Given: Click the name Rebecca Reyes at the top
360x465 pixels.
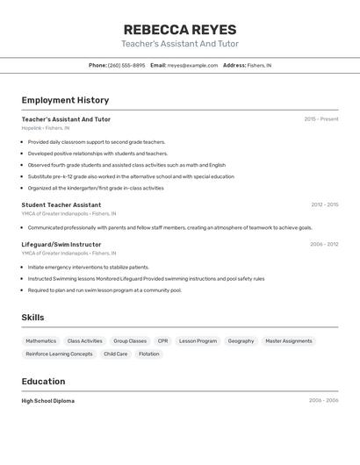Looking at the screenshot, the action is (179, 29).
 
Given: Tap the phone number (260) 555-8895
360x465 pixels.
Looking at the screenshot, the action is (126, 65).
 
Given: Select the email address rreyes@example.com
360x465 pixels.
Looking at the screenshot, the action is (192, 65).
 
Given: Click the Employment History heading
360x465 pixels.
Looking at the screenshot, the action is (65, 100).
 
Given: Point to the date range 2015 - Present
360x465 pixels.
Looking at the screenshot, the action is (321, 118).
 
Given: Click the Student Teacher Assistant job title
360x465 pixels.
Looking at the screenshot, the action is (61, 204).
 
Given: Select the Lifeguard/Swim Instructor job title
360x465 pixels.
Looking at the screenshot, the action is (61, 244).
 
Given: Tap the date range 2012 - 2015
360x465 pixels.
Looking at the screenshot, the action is (324, 204).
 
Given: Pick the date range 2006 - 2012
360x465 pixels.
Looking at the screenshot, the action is (324, 244).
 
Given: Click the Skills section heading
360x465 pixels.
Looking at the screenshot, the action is (33, 317).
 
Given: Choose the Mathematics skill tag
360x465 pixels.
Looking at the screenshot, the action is (40, 340).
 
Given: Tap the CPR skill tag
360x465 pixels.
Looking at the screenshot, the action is (162, 340).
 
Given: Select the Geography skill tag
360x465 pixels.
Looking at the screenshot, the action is (241, 340).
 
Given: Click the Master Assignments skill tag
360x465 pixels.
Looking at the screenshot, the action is (288, 340).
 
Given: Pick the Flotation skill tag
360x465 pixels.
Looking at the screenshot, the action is (149, 354).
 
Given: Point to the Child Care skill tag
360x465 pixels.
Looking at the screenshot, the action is (115, 354).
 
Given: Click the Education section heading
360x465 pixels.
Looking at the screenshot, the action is (43, 382).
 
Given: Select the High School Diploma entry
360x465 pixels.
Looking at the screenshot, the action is (48, 400).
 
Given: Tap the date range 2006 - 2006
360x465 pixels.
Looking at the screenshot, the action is (323, 400).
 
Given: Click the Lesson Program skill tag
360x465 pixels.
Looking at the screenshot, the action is (198, 340).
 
